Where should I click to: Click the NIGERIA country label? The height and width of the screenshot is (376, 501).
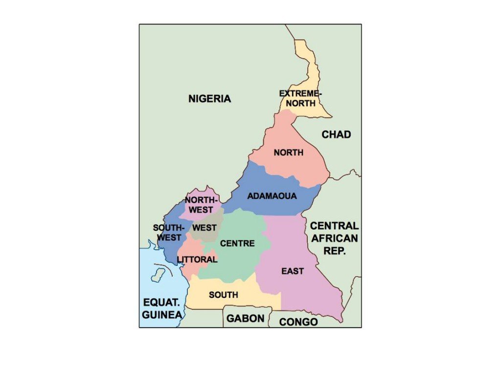point(209,98)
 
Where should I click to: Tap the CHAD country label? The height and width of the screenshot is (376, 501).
point(336,134)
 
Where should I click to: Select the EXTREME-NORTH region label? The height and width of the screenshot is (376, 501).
point(300,98)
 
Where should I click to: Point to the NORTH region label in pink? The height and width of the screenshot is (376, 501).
point(288,153)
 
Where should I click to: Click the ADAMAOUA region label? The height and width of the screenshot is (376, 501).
point(272,196)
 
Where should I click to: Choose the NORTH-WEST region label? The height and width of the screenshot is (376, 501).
point(200,205)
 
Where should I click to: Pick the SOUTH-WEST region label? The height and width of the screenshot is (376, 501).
point(169,233)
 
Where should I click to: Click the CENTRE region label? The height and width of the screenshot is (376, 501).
point(237,243)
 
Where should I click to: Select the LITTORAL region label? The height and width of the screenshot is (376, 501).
point(197,259)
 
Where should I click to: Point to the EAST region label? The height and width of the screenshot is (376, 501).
point(293,271)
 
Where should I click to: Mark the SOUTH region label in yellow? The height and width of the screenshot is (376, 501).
point(224,295)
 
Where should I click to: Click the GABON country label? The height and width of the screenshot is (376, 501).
point(245,319)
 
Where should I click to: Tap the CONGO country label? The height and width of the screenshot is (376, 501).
point(298,322)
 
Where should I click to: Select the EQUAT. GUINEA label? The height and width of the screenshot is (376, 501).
point(162,308)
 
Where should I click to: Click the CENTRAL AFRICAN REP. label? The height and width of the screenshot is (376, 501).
point(334,238)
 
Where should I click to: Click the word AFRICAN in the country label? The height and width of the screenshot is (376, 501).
point(334,238)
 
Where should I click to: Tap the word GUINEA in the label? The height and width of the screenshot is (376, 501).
point(162,315)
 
